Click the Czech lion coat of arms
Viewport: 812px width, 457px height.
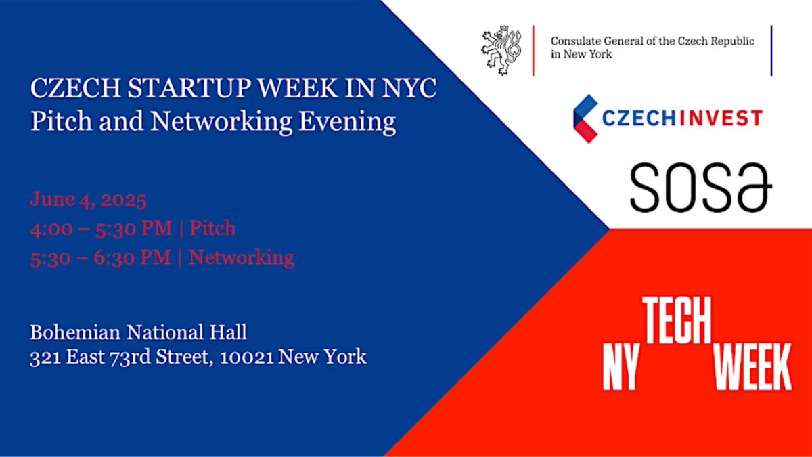click(501, 50)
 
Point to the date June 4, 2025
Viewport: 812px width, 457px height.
click(89, 200)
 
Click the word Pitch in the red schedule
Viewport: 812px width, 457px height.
click(212, 228)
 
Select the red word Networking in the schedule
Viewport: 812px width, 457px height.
click(242, 257)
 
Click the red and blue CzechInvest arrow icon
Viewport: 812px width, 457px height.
click(584, 118)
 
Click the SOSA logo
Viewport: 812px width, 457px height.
click(700, 186)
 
